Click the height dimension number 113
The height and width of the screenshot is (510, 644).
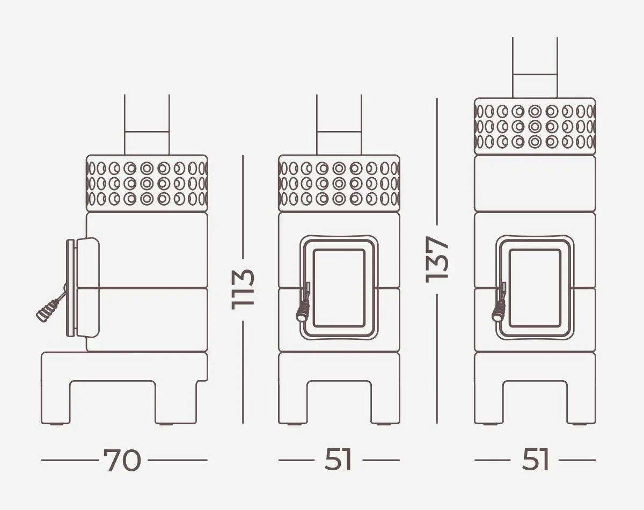click(x=243, y=289)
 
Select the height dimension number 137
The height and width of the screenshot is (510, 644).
click(x=437, y=259)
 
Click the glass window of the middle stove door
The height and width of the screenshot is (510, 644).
click(x=339, y=288)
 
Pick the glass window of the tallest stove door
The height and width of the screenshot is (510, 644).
click(x=535, y=288)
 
